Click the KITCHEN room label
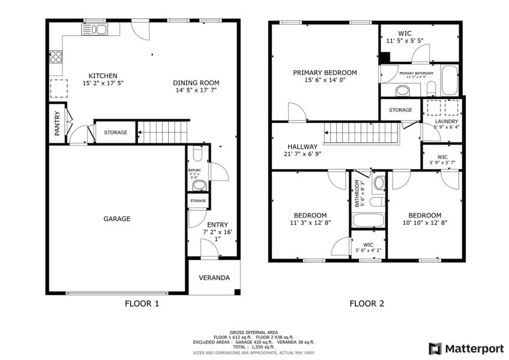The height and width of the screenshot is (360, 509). [x=103, y=76]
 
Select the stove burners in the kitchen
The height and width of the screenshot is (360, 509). [x=56, y=57]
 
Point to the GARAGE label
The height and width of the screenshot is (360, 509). [x=117, y=219]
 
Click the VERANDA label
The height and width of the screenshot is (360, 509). [x=214, y=278]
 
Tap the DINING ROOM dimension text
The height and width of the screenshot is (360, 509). [x=196, y=91]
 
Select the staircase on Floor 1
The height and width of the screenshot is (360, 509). [x=163, y=132]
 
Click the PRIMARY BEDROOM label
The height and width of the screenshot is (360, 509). [x=325, y=73]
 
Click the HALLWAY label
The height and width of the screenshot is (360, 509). [x=303, y=146]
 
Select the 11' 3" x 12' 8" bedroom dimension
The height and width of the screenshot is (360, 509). [x=310, y=223]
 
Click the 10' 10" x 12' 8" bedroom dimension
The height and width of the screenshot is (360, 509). [x=425, y=223]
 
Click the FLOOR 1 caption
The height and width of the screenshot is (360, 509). [x=142, y=304]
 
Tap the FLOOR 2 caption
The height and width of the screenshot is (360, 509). [x=367, y=304]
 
